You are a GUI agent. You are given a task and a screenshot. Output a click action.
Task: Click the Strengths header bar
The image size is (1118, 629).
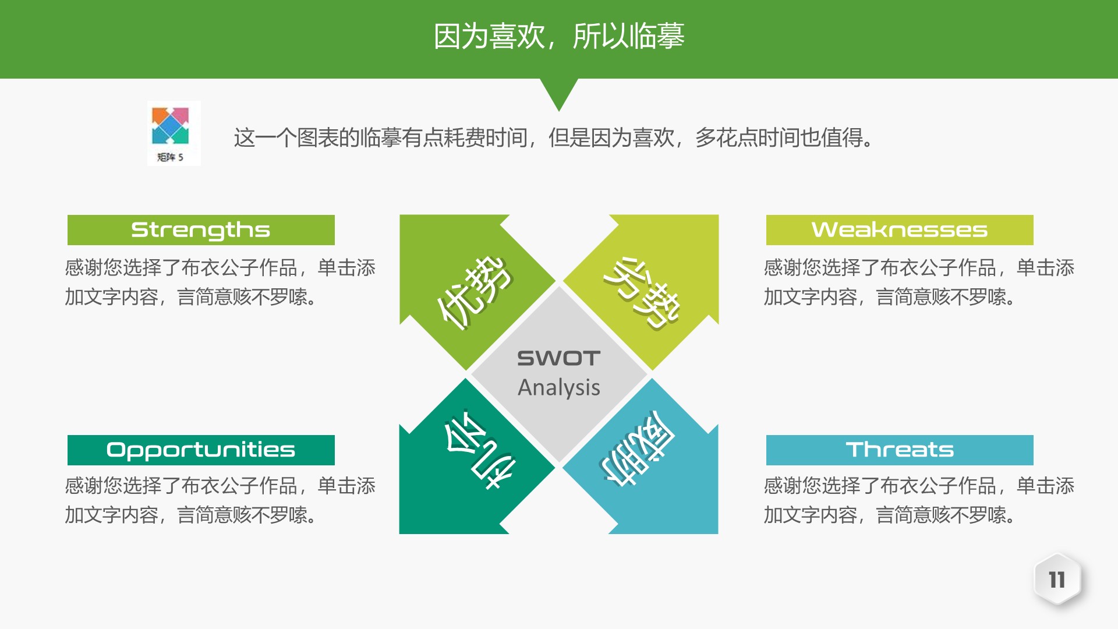point(201,230)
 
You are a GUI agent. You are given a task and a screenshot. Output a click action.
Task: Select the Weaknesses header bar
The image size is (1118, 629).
point(900,230)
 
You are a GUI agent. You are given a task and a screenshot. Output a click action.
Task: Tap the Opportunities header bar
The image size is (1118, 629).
point(201,450)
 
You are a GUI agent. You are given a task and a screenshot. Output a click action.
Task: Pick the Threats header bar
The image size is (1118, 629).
point(900,450)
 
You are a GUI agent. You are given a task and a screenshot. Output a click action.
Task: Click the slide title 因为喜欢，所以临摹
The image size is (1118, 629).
point(559,36)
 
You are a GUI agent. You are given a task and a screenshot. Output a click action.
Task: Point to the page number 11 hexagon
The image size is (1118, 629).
point(1057,580)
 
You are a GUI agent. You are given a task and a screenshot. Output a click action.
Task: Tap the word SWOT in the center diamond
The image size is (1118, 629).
point(559,358)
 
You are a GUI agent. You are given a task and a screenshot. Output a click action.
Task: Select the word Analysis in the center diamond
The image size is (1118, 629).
point(559,388)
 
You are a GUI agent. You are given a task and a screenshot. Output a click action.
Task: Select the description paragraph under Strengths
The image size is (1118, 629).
point(220,282)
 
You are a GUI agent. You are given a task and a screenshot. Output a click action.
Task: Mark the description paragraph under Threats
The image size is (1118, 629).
point(919,500)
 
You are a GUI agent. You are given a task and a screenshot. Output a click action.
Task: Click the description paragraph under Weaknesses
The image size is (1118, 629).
point(919,282)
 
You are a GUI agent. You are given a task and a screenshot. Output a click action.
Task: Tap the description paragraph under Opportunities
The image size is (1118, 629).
point(220,500)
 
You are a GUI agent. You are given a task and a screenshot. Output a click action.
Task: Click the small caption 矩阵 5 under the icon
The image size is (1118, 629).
point(170,157)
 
